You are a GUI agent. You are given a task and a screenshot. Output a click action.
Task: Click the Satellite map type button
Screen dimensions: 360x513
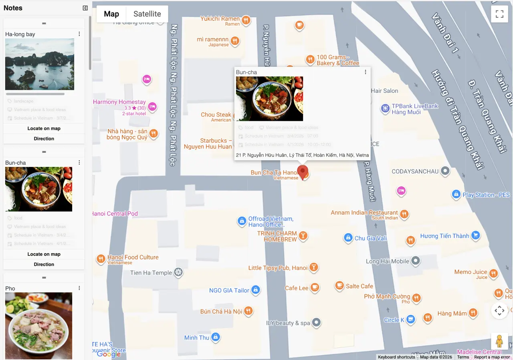[x=147, y=14]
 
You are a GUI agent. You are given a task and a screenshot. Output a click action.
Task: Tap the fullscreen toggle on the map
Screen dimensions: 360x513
[x=499, y=14]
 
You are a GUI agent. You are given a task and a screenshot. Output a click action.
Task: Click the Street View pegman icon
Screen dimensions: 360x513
[x=499, y=341]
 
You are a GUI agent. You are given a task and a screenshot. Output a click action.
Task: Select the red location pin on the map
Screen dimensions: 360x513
[x=303, y=172]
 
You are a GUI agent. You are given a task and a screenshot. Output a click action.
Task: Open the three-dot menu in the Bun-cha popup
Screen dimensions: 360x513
[x=365, y=72]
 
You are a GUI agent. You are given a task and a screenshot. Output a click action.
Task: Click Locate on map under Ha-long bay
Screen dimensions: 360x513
[x=44, y=129]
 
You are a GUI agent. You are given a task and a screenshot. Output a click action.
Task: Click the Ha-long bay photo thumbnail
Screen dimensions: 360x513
[x=40, y=64]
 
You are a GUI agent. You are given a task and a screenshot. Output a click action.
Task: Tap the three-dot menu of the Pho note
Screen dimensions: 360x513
[x=79, y=288]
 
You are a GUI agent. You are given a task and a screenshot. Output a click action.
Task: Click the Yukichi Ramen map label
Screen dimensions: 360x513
[x=220, y=19]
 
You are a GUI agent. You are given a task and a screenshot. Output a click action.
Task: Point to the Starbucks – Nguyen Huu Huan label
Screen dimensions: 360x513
[x=208, y=143]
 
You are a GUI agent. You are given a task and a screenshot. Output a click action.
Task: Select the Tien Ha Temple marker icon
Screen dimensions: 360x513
[x=178, y=273]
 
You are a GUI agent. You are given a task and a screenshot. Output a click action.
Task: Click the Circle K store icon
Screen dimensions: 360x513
[x=410, y=319]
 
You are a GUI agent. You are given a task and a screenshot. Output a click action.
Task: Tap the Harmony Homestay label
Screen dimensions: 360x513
[x=119, y=102]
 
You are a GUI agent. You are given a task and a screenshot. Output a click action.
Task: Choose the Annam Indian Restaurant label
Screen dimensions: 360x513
[x=364, y=213]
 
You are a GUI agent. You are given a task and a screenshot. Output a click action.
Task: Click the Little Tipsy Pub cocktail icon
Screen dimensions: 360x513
[x=314, y=267]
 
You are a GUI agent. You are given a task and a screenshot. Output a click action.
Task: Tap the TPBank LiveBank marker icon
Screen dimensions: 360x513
[x=385, y=108]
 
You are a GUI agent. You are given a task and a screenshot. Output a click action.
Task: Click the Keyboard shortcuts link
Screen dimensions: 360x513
[x=396, y=357]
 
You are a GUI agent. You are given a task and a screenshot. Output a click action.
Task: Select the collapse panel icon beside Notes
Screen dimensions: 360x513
[x=85, y=8]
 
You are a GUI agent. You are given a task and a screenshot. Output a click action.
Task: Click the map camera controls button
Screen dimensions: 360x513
[x=499, y=310]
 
